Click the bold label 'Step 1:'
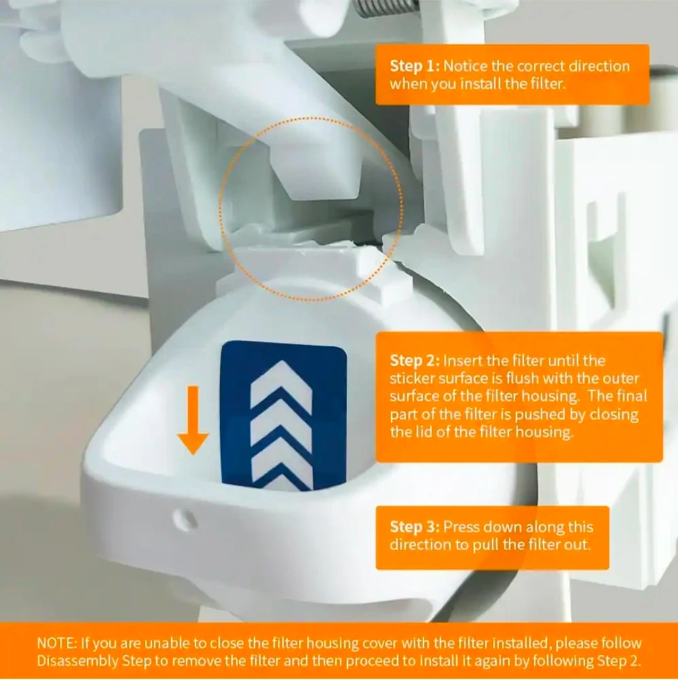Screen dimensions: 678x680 pyautogui.click(x=415, y=66)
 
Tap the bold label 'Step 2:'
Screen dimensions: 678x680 pyautogui.click(x=415, y=360)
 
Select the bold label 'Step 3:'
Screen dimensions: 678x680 pyautogui.click(x=415, y=527)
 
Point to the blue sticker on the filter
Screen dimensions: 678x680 pyautogui.click(x=284, y=416)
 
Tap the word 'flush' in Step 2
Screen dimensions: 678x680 pyautogui.click(x=522, y=378)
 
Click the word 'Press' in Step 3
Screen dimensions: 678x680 pyautogui.click(x=461, y=527)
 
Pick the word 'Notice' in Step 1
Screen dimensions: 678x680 pyautogui.click(x=465, y=66)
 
